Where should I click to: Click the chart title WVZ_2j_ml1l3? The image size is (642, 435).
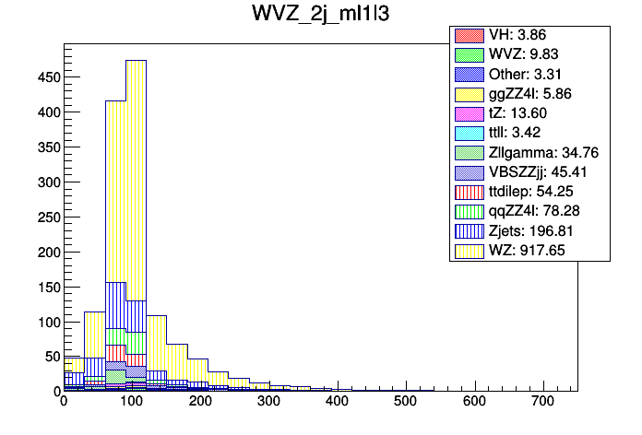pos(320,15)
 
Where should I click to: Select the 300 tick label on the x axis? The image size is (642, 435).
pos(268,402)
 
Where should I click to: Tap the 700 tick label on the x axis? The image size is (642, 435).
pos(542,402)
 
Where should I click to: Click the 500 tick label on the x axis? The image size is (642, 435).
pos(406,402)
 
